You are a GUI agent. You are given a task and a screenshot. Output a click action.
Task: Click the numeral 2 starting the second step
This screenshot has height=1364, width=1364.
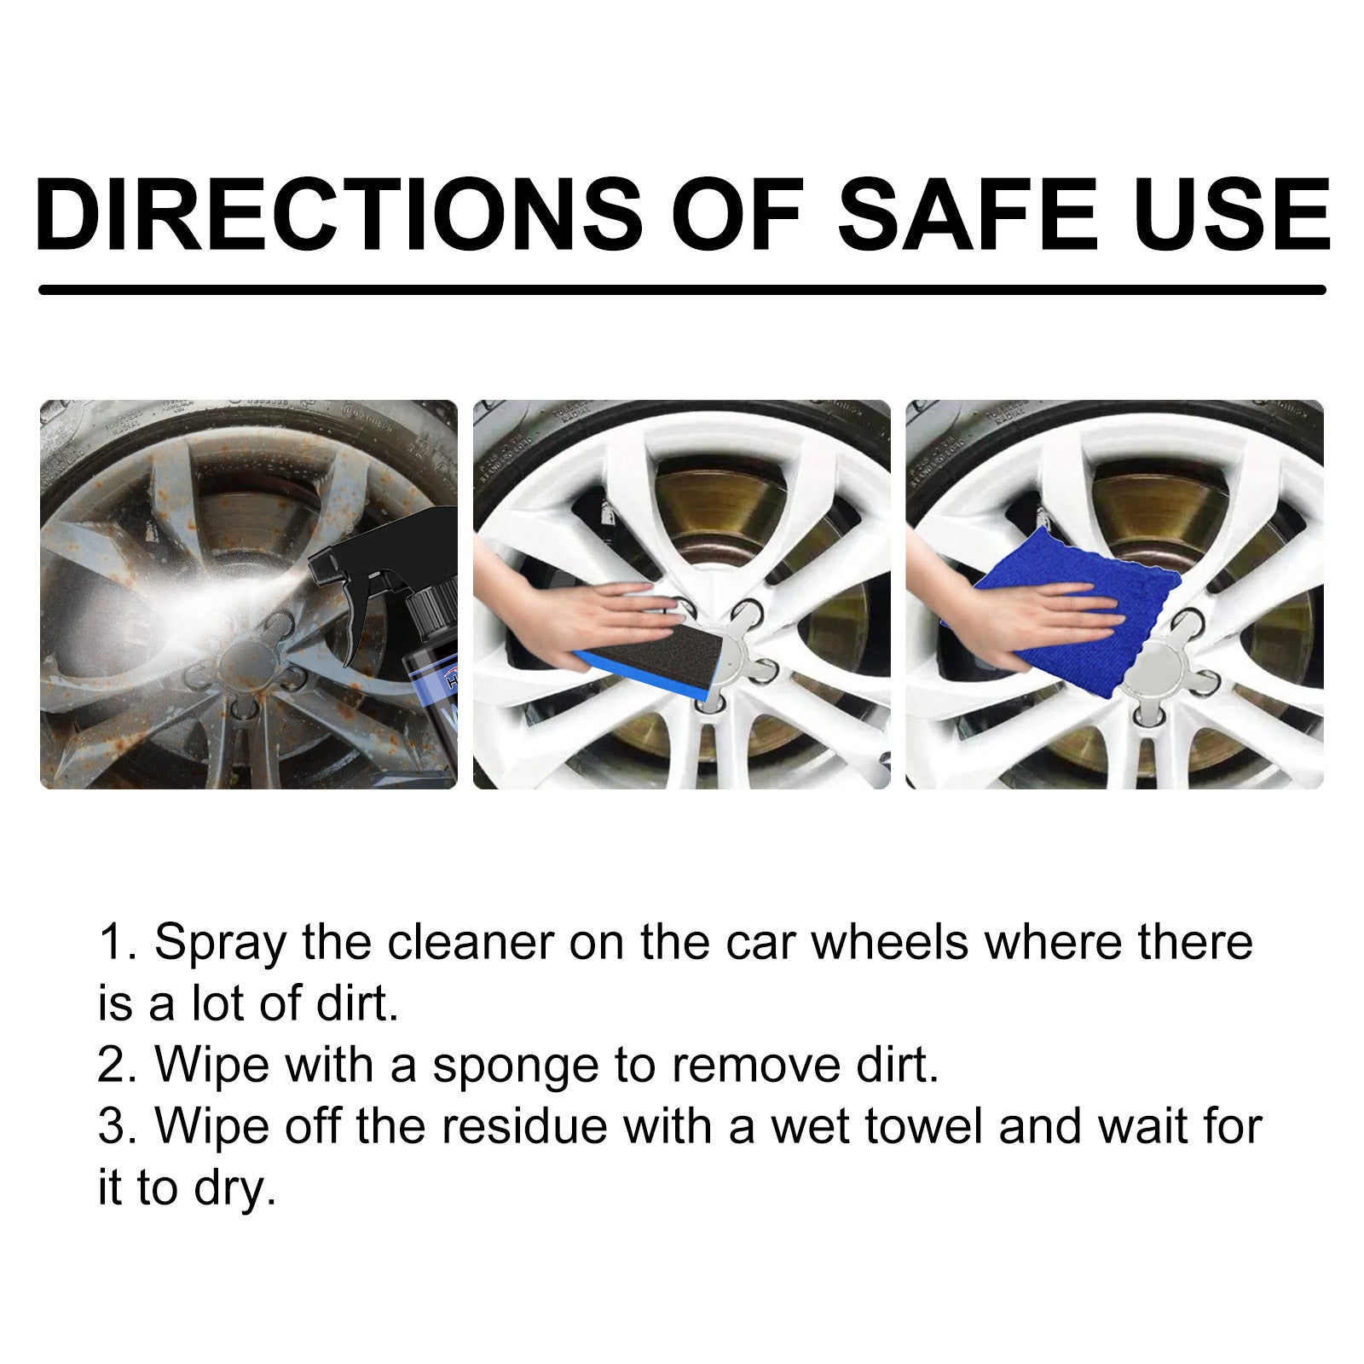[x=112, y=1066]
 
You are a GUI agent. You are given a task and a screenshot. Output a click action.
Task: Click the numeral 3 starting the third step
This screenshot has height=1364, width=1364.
[x=112, y=1127]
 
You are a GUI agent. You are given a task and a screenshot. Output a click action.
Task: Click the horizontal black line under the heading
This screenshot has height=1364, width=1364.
[x=682, y=290]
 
